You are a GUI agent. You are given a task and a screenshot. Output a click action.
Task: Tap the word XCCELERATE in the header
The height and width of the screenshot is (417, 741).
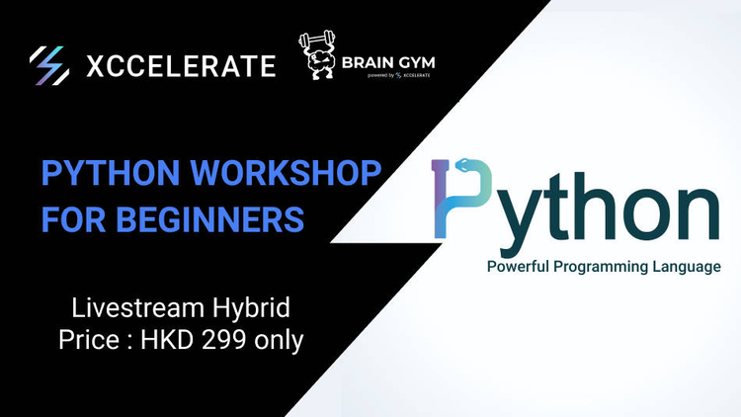(182, 67)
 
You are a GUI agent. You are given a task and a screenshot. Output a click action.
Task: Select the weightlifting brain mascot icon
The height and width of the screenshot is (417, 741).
(320, 58)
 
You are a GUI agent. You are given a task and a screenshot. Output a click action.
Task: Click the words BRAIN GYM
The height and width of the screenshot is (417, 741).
(388, 64)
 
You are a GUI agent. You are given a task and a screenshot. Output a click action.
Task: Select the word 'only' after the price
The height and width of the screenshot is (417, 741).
(283, 340)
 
